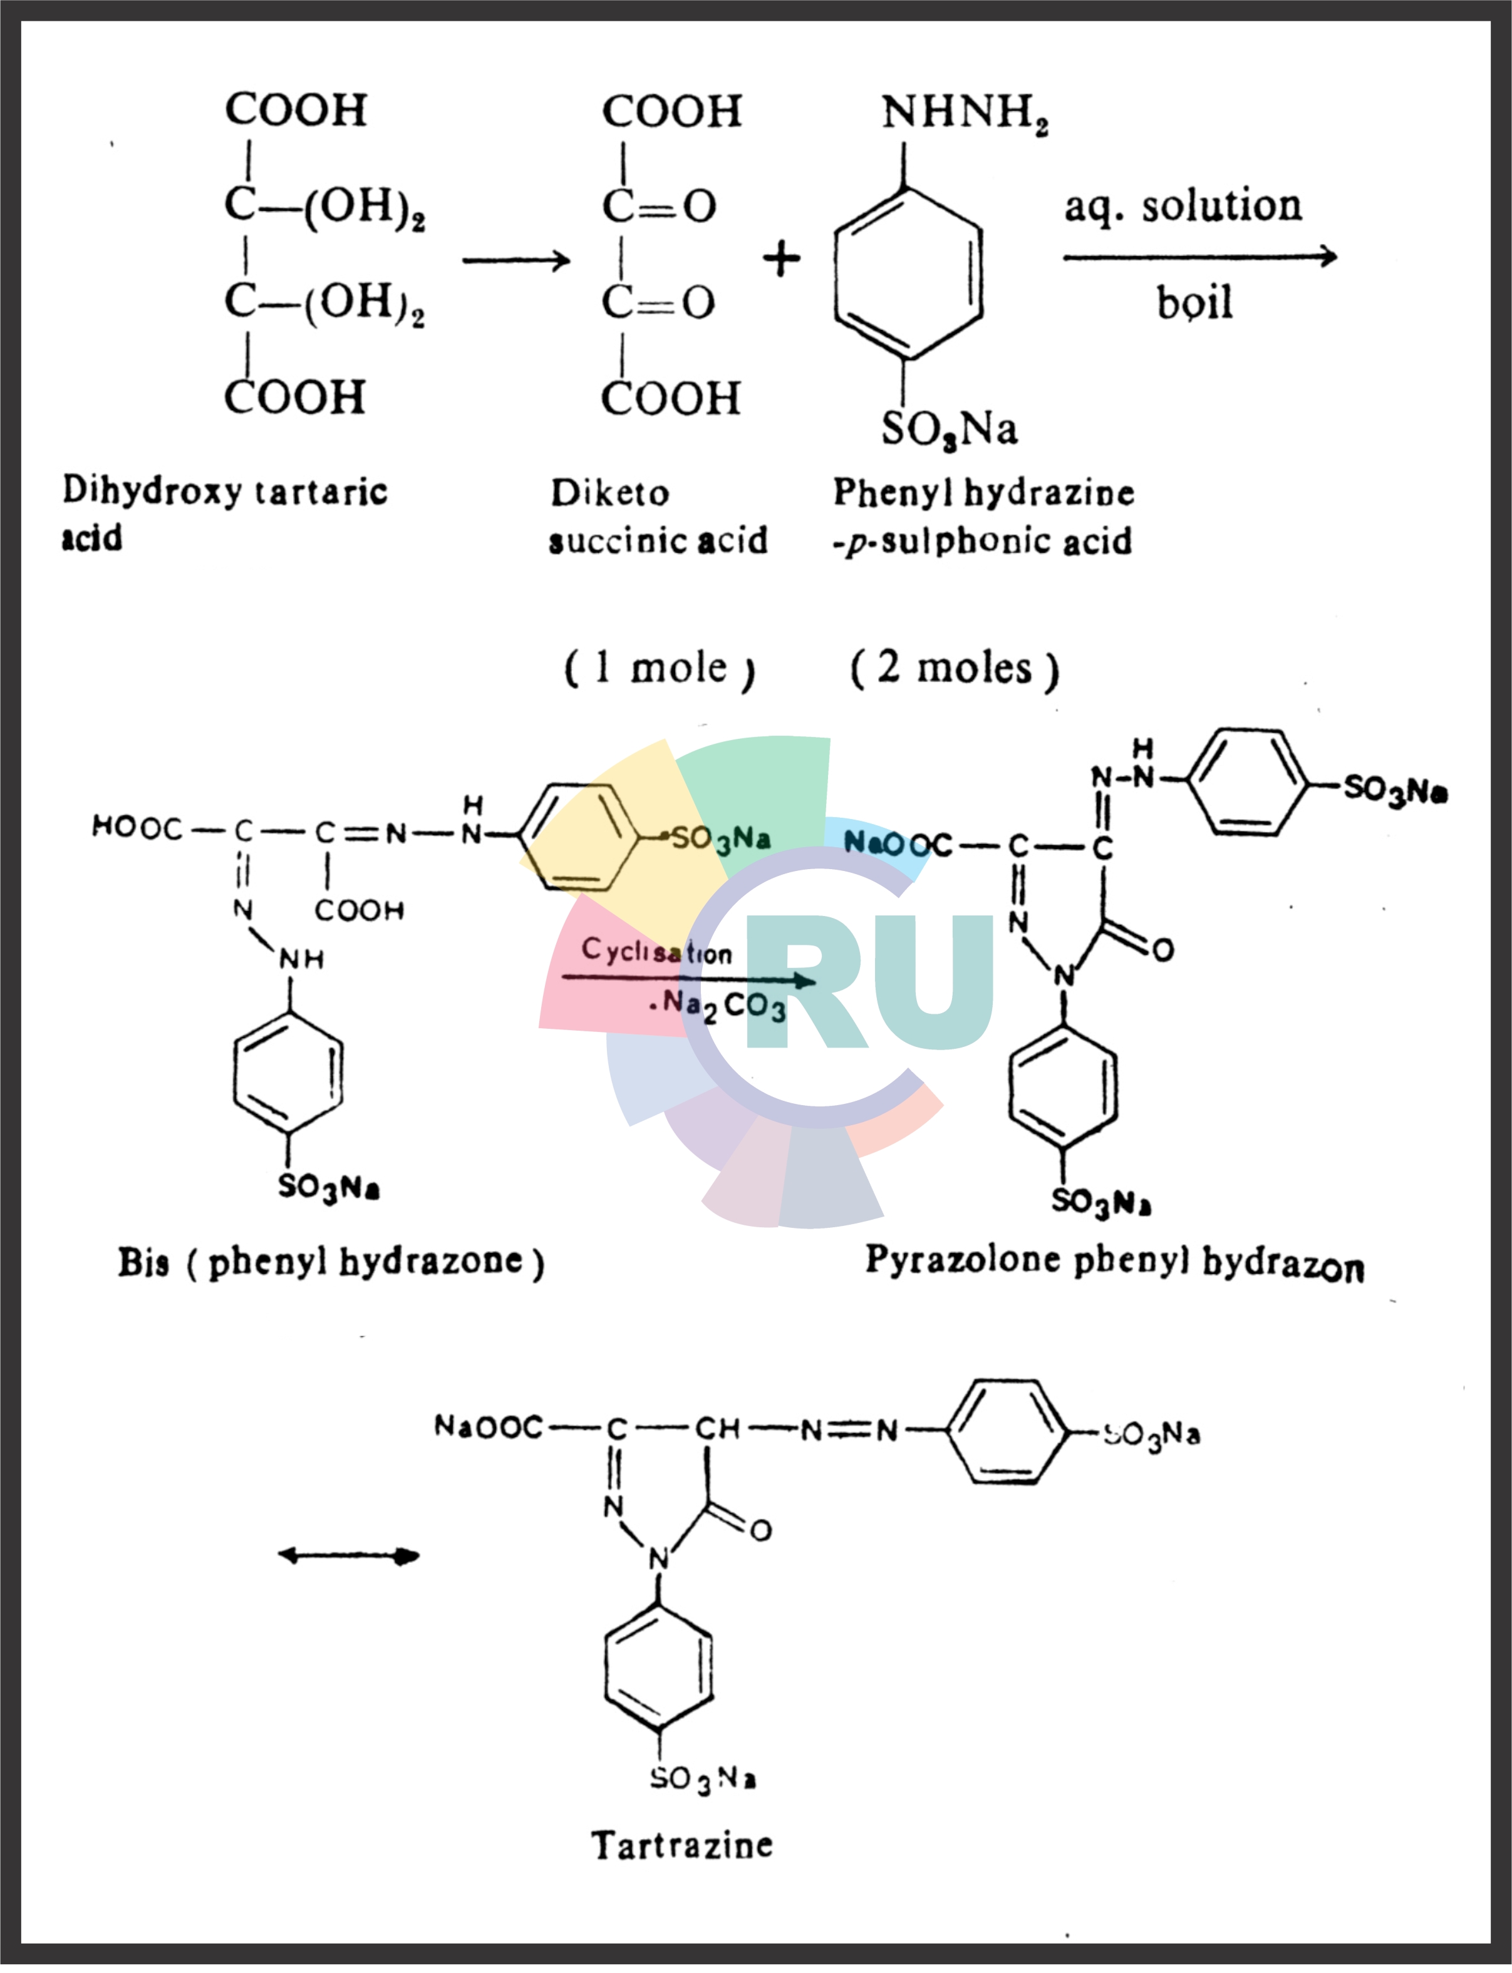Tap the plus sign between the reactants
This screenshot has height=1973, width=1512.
point(781,259)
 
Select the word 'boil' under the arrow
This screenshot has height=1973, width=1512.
point(1194,303)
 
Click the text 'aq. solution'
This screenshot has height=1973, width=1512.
point(1183,207)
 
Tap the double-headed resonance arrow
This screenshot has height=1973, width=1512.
point(348,1555)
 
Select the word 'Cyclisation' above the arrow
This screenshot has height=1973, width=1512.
point(656,950)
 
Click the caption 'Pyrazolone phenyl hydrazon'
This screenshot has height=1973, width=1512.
point(1114,1262)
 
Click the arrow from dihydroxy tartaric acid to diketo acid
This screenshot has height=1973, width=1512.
point(515,261)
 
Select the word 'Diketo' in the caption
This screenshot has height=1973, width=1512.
point(610,493)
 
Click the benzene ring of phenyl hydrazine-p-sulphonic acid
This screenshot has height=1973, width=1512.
point(907,274)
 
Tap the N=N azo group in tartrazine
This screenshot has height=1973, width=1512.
point(849,1430)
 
